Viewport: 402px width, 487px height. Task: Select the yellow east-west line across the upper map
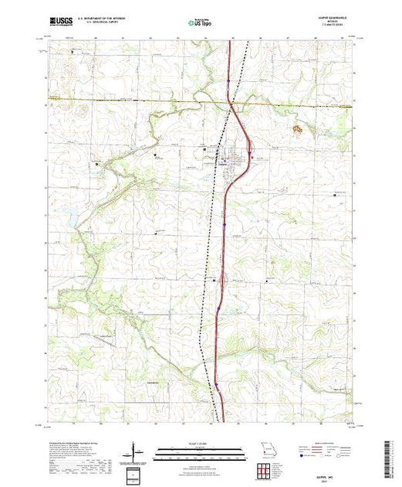click(x=139, y=100)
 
